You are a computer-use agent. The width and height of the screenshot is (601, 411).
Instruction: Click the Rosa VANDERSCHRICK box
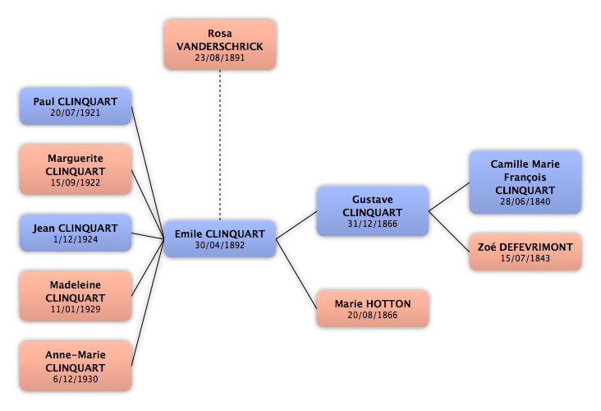tap(219, 44)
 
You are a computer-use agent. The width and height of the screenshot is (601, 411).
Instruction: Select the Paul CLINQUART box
tap(76, 106)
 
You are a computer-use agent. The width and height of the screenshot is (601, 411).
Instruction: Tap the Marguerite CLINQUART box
tap(76, 169)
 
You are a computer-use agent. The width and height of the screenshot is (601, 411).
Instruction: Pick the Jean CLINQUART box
tap(76, 233)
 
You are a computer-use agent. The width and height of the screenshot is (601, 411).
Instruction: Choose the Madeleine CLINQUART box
tap(76, 296)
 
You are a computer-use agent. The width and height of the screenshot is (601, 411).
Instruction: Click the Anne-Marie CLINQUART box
tap(76, 366)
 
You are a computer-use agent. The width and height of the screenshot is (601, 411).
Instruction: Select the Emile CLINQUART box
tap(219, 238)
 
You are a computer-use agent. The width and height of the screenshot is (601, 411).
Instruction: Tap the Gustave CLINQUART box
tap(373, 211)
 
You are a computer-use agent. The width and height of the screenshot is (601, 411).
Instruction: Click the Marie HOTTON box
tap(373, 309)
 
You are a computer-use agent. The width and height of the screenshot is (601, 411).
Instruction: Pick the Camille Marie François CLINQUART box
tap(525, 182)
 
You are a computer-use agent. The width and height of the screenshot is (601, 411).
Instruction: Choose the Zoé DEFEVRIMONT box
tap(525, 252)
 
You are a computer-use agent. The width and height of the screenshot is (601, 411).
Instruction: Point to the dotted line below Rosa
tap(220, 145)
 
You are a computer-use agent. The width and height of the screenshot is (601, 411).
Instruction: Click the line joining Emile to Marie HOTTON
tap(296, 274)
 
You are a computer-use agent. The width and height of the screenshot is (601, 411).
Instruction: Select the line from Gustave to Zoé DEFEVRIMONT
tap(449, 232)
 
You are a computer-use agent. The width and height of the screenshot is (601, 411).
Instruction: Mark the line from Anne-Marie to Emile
tap(148, 302)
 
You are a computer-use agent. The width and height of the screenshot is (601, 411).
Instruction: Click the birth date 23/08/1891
tap(219, 58)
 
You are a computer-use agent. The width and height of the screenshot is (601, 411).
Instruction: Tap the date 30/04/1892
tap(219, 245)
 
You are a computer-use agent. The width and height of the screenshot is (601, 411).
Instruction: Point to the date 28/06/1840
tap(525, 201)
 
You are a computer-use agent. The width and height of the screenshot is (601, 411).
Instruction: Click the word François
tap(525, 178)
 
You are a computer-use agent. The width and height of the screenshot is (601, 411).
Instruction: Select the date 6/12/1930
tap(76, 379)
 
